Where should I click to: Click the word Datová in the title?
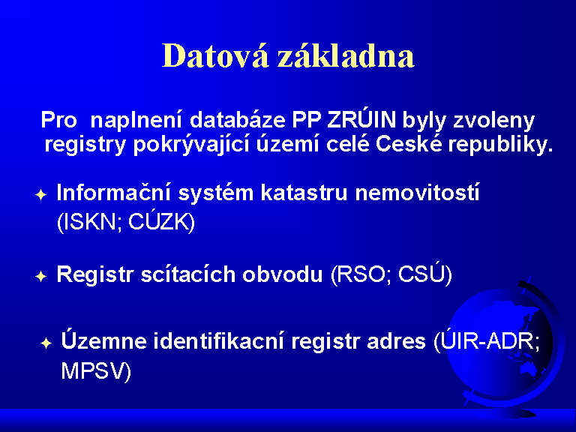click(x=215, y=55)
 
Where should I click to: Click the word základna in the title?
click(x=346, y=55)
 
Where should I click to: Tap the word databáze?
click(x=238, y=119)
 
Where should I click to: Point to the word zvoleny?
click(x=493, y=121)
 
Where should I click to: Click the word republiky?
click(x=501, y=145)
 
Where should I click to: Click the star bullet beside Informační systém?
click(x=41, y=195)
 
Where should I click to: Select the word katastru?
click(x=304, y=193)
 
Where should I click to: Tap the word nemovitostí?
click(x=417, y=192)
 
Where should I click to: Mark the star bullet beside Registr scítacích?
click(x=41, y=276)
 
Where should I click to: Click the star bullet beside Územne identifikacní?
click(x=46, y=343)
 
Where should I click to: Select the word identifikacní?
click(x=218, y=341)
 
